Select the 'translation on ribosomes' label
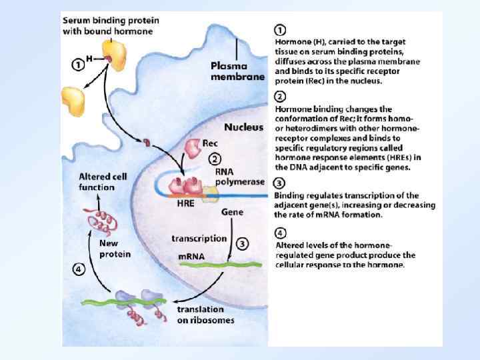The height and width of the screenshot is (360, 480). point(205,315)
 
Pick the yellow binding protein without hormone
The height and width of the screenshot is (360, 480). point(75,99)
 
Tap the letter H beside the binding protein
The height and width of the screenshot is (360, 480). point(89,58)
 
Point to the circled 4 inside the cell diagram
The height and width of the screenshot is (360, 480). point(79,270)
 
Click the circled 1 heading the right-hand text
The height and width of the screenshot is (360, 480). point(281,31)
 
